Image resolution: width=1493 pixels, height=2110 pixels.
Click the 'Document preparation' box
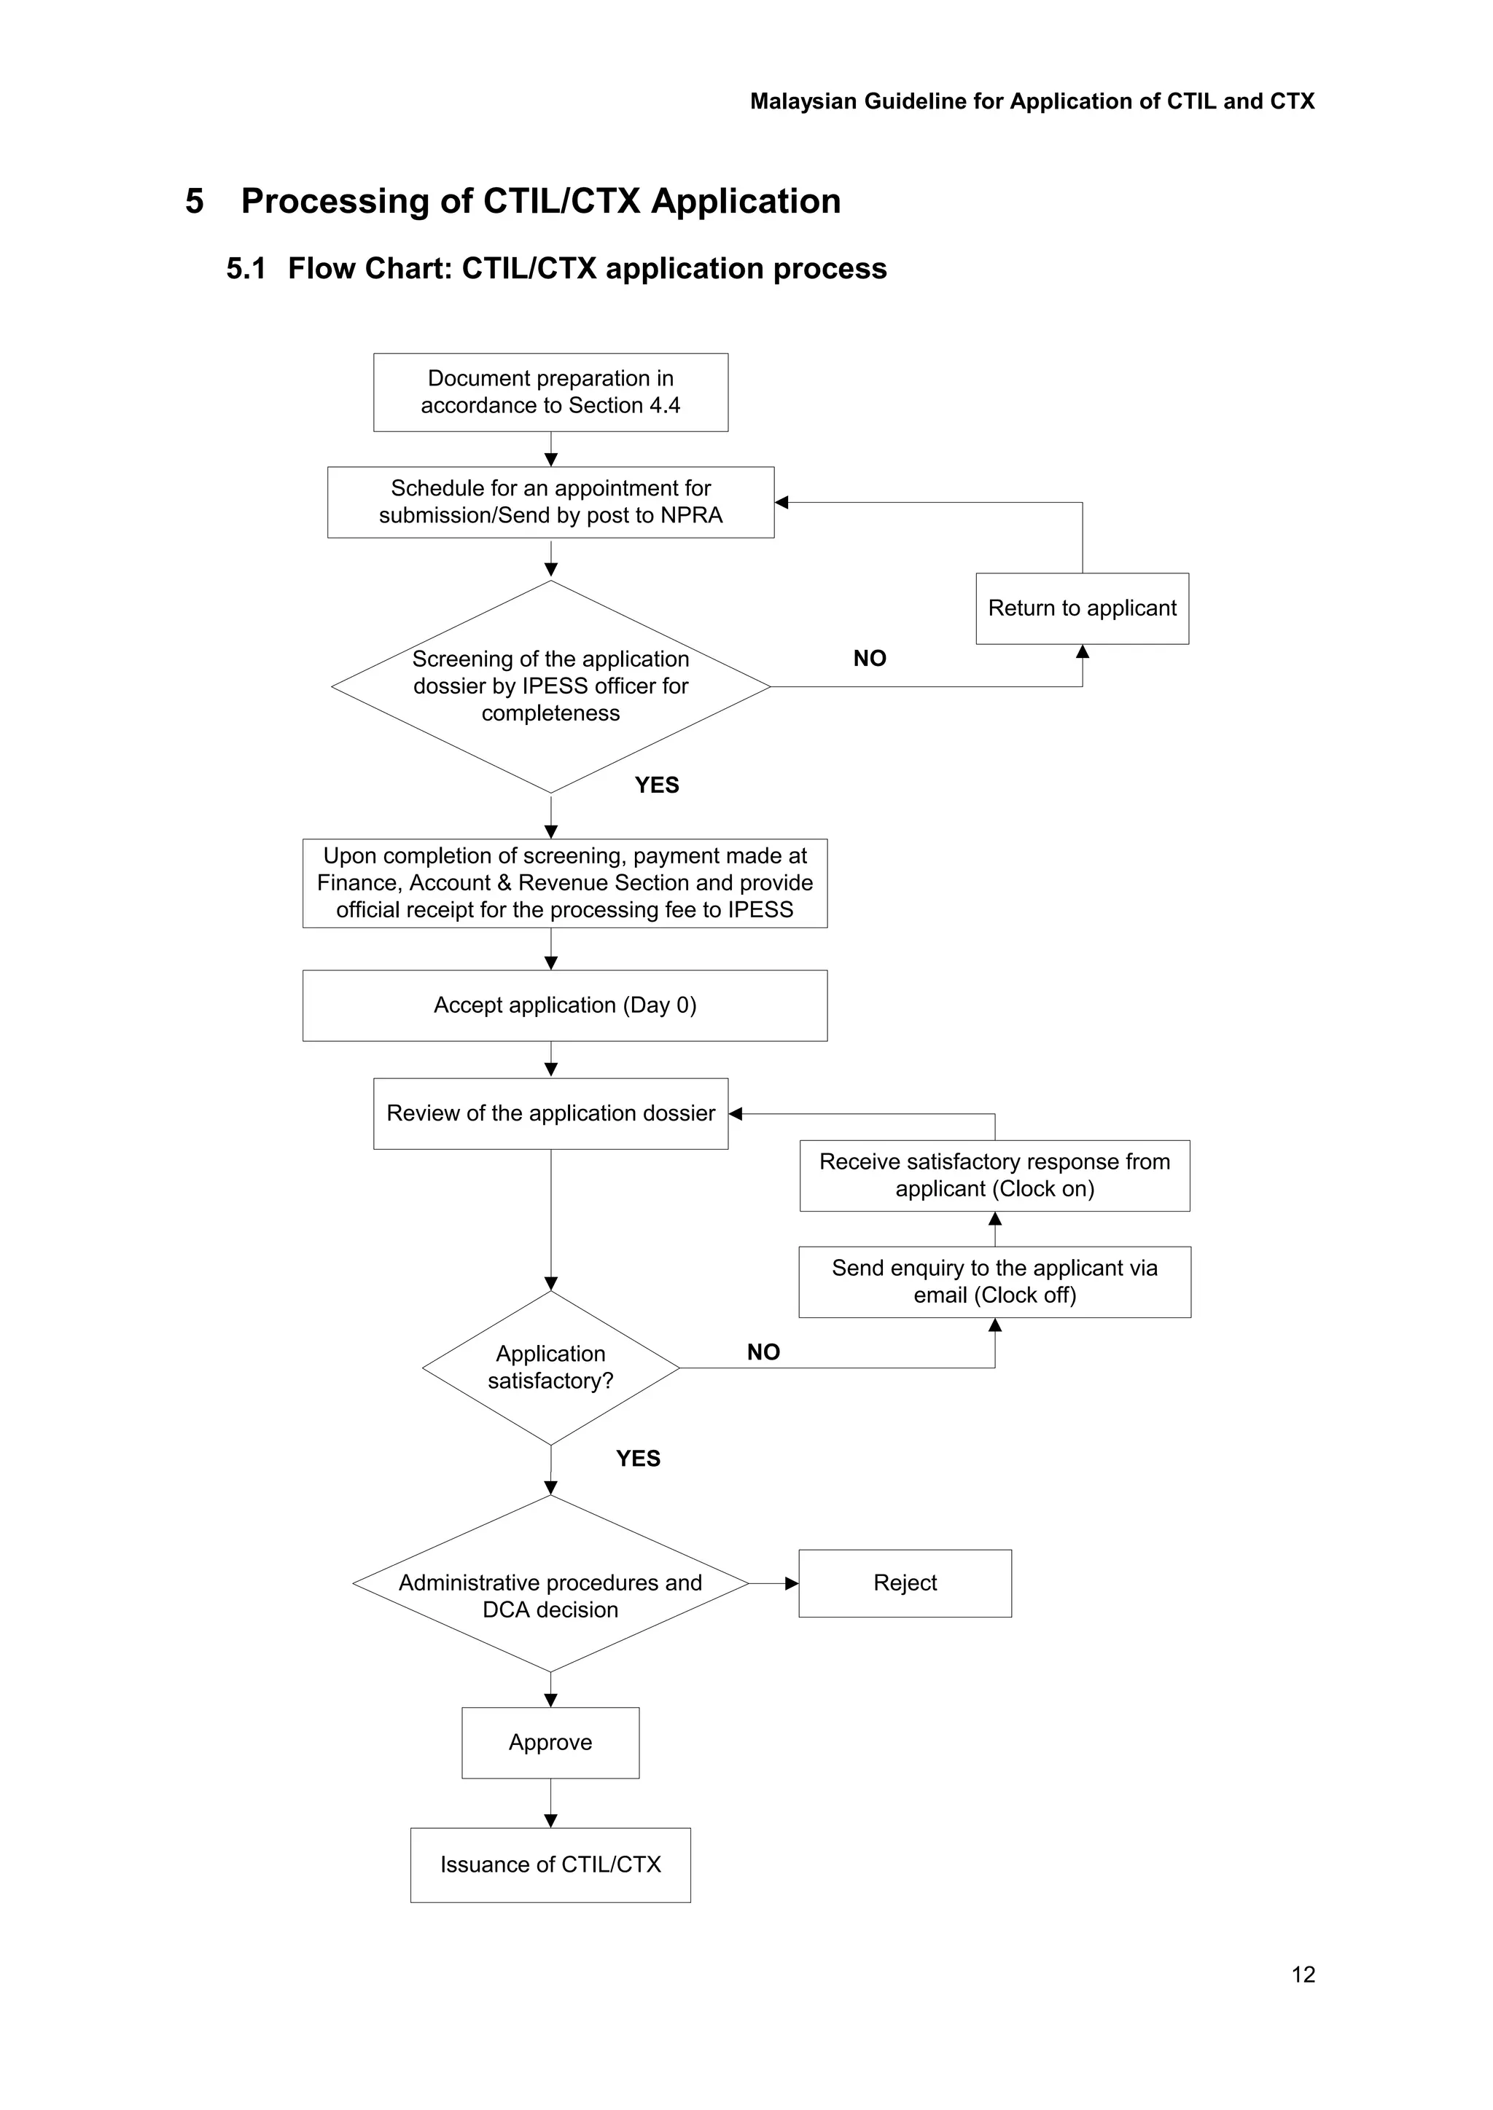[550, 393]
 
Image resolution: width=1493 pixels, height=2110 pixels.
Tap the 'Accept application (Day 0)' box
[564, 1005]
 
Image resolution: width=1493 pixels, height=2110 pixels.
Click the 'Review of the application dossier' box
[550, 1114]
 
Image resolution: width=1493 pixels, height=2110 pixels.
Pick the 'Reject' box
[905, 1583]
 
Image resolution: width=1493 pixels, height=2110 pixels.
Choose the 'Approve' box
[550, 1744]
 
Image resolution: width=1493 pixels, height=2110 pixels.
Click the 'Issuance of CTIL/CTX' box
[550, 1864]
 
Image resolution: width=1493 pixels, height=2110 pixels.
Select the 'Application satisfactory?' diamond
[550, 1368]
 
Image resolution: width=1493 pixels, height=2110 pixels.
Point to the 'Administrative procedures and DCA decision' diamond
[550, 1596]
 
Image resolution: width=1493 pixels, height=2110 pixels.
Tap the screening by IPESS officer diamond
[550, 686]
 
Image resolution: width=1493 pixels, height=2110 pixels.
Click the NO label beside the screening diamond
[870, 659]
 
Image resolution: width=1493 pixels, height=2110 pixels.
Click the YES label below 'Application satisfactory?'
[638, 1459]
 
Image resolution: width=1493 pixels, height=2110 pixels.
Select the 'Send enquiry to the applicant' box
[994, 1282]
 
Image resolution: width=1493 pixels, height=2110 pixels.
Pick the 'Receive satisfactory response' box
[994, 1175]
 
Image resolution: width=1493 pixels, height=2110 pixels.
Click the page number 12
[1303, 1975]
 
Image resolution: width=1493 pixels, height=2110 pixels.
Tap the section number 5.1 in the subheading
[246, 270]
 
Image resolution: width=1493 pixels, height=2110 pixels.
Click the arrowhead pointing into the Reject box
[792, 1583]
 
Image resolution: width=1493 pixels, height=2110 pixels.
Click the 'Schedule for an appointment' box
[550, 503]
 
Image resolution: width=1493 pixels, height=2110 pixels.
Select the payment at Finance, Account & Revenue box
[564, 883]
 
